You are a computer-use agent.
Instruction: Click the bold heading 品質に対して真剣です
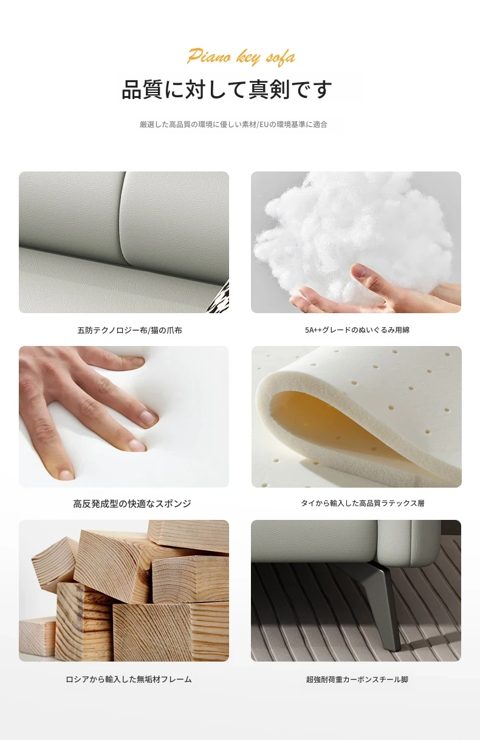(x=227, y=89)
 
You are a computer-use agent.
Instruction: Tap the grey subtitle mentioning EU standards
(x=233, y=125)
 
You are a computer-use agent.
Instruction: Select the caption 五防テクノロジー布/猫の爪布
(x=129, y=330)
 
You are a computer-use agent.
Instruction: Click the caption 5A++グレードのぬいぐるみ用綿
(x=357, y=330)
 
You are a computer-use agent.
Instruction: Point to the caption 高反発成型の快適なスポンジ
(x=132, y=503)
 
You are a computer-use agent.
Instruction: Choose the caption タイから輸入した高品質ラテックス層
(x=362, y=503)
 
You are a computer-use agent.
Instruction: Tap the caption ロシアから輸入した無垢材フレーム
(x=129, y=679)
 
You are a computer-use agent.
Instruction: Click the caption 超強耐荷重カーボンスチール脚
(x=357, y=679)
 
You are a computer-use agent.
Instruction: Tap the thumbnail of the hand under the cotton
(x=358, y=270)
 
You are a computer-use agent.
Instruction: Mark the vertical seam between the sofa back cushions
(x=123, y=218)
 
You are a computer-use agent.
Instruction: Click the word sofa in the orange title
(x=281, y=58)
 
